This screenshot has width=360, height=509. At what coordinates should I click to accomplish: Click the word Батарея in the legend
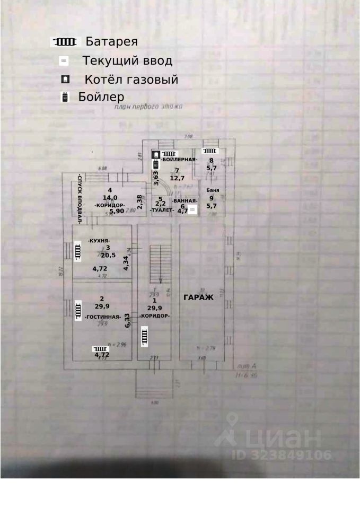[112, 41]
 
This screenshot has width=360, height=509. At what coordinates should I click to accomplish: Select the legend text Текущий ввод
[127, 61]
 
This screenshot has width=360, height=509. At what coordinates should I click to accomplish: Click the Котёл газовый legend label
[131, 80]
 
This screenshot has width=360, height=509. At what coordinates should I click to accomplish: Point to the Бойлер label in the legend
[101, 97]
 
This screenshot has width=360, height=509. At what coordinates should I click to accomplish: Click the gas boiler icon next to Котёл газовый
[65, 80]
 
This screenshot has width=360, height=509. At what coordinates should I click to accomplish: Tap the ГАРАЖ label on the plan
[198, 297]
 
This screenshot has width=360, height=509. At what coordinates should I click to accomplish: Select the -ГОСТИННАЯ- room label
[102, 317]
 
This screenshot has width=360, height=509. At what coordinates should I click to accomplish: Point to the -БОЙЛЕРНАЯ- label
[180, 160]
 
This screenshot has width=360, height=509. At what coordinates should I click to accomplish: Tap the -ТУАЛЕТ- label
[162, 210]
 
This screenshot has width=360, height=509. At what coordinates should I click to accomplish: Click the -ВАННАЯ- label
[185, 200]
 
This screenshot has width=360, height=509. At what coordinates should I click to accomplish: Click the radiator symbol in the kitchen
[77, 250]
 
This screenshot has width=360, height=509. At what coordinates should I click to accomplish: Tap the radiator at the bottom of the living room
[100, 348]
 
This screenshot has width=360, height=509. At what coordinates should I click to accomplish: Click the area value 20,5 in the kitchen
[108, 254]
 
